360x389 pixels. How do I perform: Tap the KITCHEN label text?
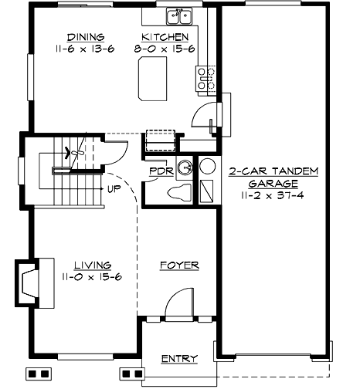(165, 36)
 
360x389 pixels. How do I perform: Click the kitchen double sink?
(181, 15)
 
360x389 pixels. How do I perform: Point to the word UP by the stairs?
(114, 188)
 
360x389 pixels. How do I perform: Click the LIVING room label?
(87, 265)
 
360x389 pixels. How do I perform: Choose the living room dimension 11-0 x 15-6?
(87, 276)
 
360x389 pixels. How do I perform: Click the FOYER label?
(178, 265)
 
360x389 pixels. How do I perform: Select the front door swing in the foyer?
(179, 303)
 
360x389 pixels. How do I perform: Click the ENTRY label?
(178, 359)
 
